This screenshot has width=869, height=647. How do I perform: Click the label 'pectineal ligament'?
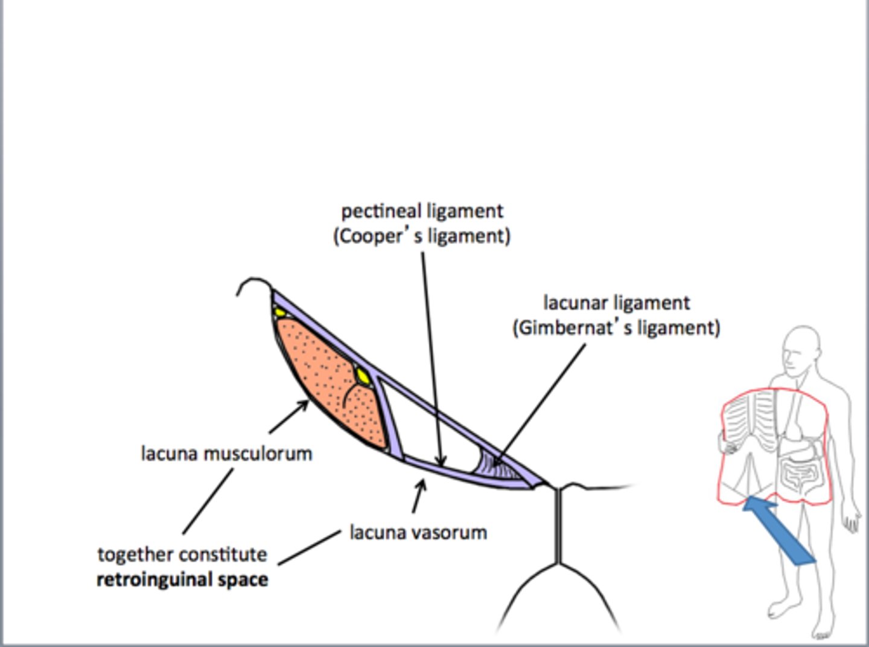422,211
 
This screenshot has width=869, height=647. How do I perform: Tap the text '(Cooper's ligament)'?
422,236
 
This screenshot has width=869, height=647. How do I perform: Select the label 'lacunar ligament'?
616,302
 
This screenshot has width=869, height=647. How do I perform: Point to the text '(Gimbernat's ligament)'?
616,327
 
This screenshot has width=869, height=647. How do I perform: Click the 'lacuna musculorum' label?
226,453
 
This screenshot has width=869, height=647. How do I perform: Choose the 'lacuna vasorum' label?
418,532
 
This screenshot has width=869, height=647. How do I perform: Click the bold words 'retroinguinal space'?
182,579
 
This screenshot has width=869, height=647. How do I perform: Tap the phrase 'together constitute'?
182,554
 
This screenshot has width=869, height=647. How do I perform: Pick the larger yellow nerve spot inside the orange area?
362,376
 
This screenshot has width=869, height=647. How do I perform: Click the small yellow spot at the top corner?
279,314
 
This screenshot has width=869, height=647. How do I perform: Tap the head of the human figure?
803,350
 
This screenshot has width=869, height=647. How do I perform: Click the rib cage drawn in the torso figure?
748,417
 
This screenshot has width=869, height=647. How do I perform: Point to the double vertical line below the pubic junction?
558,526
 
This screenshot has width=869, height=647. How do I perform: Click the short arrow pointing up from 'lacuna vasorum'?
419,495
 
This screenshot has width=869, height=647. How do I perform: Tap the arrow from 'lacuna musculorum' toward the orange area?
288,417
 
